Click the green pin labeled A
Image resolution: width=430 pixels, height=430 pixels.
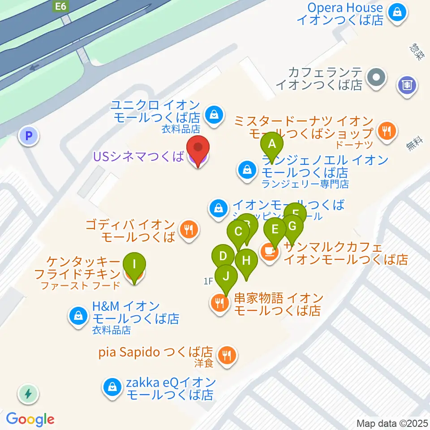tap(272, 145)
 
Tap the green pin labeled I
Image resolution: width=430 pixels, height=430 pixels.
tap(134, 264)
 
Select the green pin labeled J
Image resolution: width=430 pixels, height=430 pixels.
tap(226, 276)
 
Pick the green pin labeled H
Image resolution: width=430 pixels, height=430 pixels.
tap(246, 260)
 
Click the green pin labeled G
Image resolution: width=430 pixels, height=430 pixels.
tap(292, 226)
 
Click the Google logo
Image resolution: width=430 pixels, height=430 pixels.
tap(30, 419)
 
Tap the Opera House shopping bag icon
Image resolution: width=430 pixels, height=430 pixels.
tap(397, 14)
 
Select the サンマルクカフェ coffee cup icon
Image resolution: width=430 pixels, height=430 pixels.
tap(270, 252)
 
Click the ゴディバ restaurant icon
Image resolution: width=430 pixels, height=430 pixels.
tap(187, 230)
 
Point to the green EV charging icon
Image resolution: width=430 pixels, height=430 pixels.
tap(29, 394)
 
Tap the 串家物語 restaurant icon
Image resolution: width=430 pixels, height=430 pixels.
tap(219, 304)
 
